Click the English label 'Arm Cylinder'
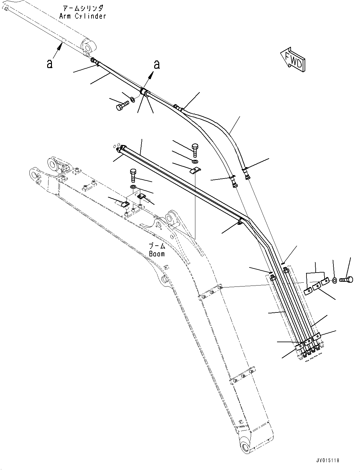coord(82,16)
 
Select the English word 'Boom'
coord(157,254)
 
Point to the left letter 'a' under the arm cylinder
coord(49,64)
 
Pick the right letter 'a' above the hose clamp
coord(156,65)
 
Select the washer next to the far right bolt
coord(335,280)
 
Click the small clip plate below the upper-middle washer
coord(195,171)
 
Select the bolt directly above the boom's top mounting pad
coord(133,175)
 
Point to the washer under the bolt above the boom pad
coord(133,187)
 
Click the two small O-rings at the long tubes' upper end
coord(116,146)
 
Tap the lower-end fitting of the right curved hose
coord(247,174)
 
